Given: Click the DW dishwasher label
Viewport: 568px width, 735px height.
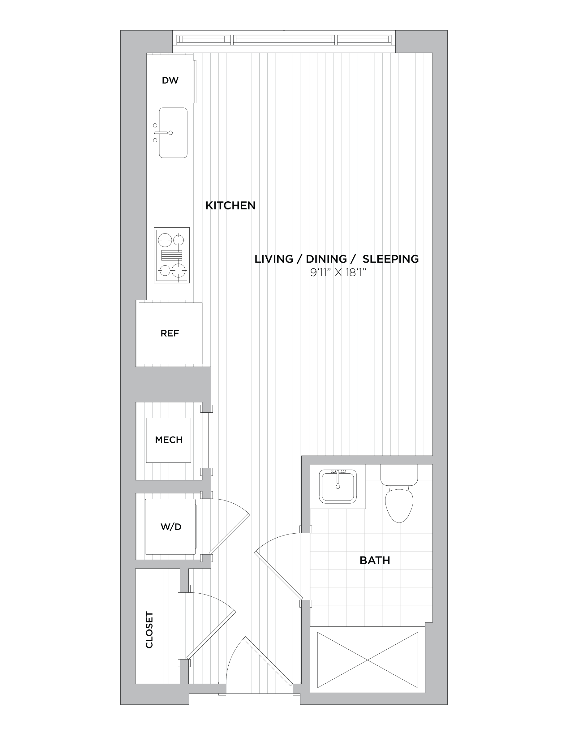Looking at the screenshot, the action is click(170, 80).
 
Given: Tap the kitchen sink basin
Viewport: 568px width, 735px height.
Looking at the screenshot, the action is click(173, 133).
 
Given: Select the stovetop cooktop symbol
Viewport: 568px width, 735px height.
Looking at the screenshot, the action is click(172, 255).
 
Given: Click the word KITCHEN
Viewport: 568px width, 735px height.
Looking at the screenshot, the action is click(230, 205).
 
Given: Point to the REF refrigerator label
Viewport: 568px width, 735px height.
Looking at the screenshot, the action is click(170, 333).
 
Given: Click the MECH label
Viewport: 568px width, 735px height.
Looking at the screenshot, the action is click(169, 440).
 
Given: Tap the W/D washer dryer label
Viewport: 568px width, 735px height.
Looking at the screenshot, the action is click(171, 527).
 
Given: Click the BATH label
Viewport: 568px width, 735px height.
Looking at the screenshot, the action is click(375, 560).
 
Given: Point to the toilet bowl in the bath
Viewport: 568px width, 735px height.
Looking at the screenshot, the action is click(399, 505).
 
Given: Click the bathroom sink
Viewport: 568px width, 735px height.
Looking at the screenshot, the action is click(338, 487).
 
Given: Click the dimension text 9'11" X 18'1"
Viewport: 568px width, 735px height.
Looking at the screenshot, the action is click(338, 273).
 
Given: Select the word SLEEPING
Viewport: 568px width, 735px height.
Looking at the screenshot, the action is click(391, 259).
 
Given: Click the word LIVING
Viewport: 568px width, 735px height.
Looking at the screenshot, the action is click(273, 259).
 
